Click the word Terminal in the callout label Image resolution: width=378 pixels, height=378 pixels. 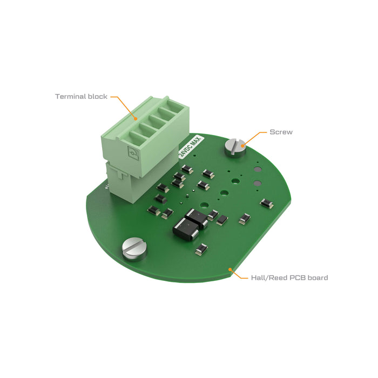[70, 97]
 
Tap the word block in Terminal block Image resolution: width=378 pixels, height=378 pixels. [97, 97]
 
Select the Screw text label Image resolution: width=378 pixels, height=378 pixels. [281, 132]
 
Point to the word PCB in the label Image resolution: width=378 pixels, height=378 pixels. [298, 278]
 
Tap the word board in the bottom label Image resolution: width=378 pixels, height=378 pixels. [318, 278]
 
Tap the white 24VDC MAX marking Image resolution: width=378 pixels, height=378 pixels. [190, 146]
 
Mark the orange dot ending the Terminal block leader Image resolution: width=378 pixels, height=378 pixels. [136, 119]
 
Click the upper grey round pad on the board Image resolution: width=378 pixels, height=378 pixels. [257, 170]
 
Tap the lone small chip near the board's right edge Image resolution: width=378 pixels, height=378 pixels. [266, 203]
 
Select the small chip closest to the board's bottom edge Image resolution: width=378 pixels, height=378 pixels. [201, 249]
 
